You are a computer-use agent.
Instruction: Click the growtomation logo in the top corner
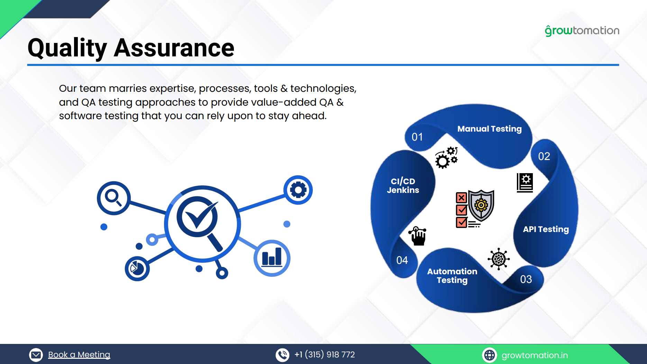coord(582,31)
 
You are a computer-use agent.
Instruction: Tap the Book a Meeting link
coord(79,355)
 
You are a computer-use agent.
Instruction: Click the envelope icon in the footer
coord(36,355)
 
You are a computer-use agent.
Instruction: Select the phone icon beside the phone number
coord(282,355)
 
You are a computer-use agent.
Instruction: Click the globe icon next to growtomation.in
coord(489,355)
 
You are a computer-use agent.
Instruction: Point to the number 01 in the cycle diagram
coord(417,137)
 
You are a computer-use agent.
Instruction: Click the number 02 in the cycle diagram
coord(544,157)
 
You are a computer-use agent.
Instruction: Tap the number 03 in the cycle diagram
coord(526,279)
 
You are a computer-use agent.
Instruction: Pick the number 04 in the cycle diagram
coord(402,260)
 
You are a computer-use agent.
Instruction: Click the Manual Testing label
coord(489,129)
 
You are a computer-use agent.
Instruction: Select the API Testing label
coord(546,229)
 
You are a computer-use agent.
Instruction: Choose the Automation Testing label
coord(452,276)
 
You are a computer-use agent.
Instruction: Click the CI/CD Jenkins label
coord(403,186)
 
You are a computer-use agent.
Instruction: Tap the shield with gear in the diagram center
coord(481,205)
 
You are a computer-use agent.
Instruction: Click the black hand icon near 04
coord(418,236)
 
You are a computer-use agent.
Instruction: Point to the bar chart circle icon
coord(272,258)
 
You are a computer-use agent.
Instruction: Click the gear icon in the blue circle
coord(298,190)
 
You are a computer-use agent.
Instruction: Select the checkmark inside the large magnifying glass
coord(200,216)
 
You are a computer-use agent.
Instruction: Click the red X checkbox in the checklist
coord(461,198)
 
